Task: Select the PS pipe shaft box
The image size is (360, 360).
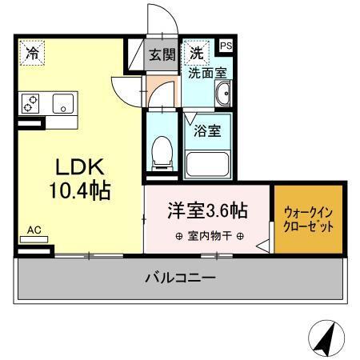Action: pos(226,46)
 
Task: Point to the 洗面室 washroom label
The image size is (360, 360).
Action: pos(206,72)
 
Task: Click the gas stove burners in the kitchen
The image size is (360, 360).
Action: pos(31,103)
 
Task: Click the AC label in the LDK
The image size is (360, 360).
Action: pos(34,229)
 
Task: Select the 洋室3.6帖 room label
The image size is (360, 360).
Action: pos(206,211)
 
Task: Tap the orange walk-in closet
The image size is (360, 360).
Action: pos(310,220)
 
